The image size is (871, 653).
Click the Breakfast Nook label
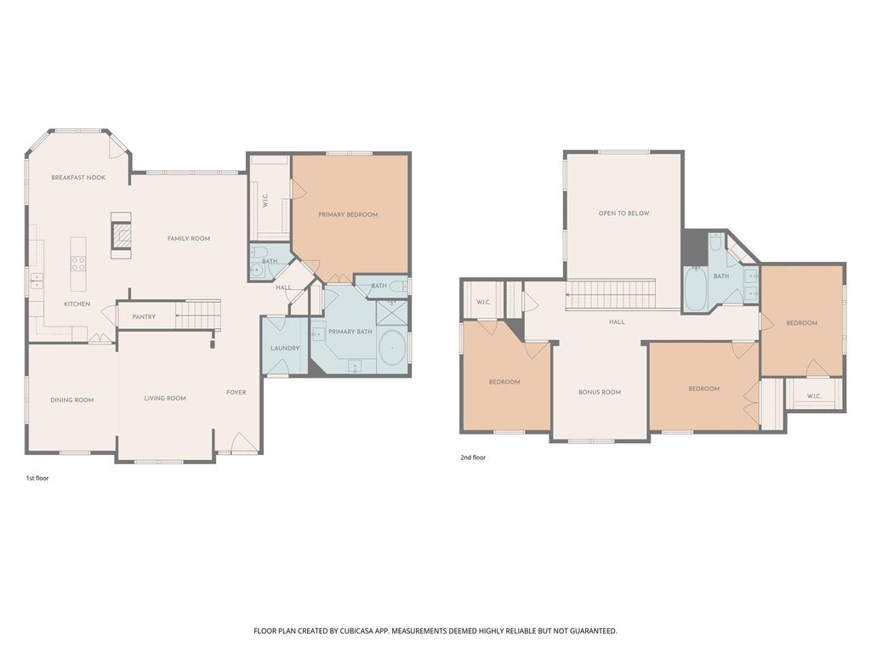point(78,178)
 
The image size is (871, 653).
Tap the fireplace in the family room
point(122,236)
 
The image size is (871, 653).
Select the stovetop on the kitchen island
point(78,264)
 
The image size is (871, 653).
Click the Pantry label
point(144,317)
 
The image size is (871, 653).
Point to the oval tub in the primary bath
point(393,348)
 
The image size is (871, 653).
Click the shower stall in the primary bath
point(392,313)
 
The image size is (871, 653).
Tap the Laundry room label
point(285,349)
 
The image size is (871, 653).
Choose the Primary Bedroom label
point(348,214)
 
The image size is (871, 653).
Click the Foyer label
point(236,392)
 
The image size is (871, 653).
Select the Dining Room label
point(72,400)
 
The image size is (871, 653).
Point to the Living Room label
point(165,398)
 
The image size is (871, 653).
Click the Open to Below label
point(623,213)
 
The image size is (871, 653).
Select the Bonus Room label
point(600,392)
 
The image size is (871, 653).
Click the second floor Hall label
point(617,322)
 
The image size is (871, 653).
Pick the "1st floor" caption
point(37,478)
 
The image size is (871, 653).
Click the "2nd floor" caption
point(473,457)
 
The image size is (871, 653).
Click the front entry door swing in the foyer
point(242,442)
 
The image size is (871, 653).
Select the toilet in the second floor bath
point(715,241)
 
